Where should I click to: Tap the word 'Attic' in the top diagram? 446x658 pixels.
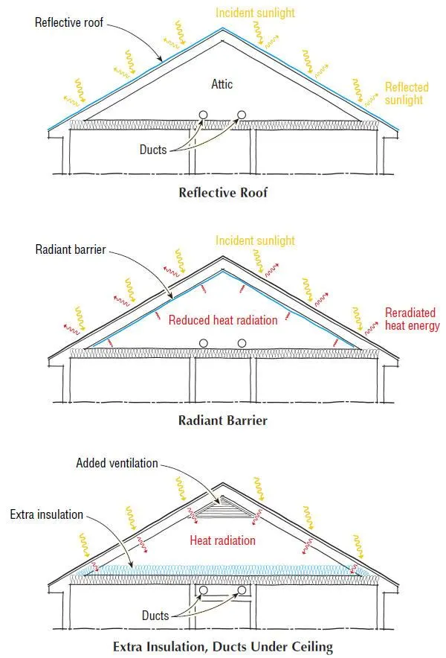pos(221,84)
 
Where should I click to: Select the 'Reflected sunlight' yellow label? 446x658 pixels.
pos(407,94)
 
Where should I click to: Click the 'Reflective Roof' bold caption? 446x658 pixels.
pos(223,192)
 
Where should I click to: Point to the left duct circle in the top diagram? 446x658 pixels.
pos(204,115)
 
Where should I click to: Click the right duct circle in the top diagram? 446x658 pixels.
pos(242,115)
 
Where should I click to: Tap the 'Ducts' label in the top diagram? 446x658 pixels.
pos(153,150)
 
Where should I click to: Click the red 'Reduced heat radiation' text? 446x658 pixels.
pos(223,320)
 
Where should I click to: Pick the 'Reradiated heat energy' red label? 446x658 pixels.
pos(412,319)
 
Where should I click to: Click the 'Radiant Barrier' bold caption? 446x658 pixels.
pos(223,421)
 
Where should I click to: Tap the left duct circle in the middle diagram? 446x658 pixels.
pos(204,343)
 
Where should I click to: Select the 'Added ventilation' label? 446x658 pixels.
pos(117,463)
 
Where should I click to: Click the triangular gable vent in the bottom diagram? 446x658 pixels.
pos(222,510)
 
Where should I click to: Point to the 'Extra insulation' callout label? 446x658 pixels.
pos(47,514)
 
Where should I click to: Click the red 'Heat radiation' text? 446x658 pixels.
pos(223,540)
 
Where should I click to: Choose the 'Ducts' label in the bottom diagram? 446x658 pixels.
pos(155,616)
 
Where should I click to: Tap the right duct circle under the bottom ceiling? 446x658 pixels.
pos(242,592)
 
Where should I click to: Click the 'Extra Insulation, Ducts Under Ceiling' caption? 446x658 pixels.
pos(223,644)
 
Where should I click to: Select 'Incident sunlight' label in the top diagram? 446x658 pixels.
pos(255,13)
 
